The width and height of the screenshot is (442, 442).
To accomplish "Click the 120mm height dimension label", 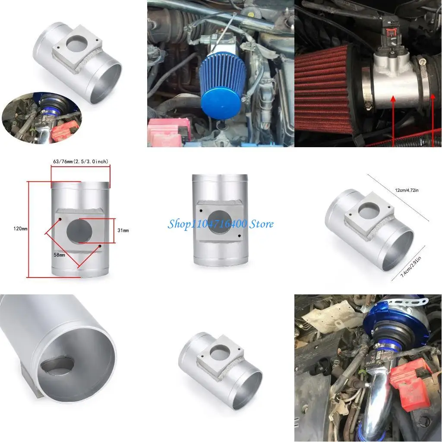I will [x=21, y=228].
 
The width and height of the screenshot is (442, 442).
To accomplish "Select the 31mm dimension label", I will [x=123, y=230].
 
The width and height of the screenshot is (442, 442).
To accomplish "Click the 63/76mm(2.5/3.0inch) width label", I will [x=80, y=161].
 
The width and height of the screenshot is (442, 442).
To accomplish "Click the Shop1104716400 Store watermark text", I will [x=221, y=224].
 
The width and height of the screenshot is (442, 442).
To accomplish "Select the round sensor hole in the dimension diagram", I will [x=79, y=230].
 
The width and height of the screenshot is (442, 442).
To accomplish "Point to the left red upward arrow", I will [x=394, y=121].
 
